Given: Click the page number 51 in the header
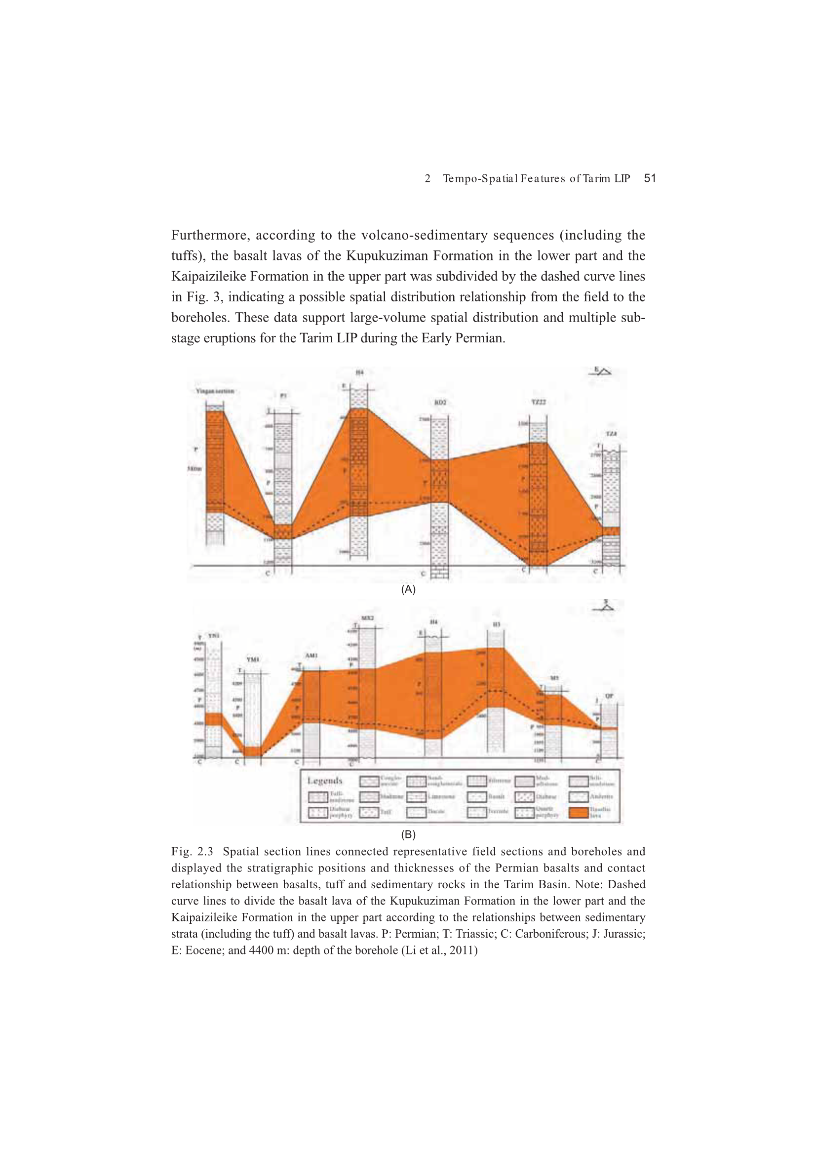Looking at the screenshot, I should (x=650, y=178).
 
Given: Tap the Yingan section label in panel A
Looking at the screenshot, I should (x=215, y=391).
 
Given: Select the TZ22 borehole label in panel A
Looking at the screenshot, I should (x=539, y=403).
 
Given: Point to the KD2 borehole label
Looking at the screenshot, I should (x=440, y=403).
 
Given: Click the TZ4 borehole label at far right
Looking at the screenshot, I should (x=611, y=433).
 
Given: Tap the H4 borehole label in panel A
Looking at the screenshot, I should (x=359, y=373).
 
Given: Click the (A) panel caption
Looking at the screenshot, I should (x=408, y=589).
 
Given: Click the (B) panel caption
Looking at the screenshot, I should (x=408, y=834).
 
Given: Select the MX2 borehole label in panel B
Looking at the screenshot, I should (x=368, y=618).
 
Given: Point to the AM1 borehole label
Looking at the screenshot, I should (x=311, y=656).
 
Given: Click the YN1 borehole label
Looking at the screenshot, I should (x=214, y=636).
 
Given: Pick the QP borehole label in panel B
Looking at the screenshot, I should (x=609, y=696).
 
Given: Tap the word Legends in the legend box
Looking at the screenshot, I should (x=325, y=780).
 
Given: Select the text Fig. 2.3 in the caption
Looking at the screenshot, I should (x=192, y=852).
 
